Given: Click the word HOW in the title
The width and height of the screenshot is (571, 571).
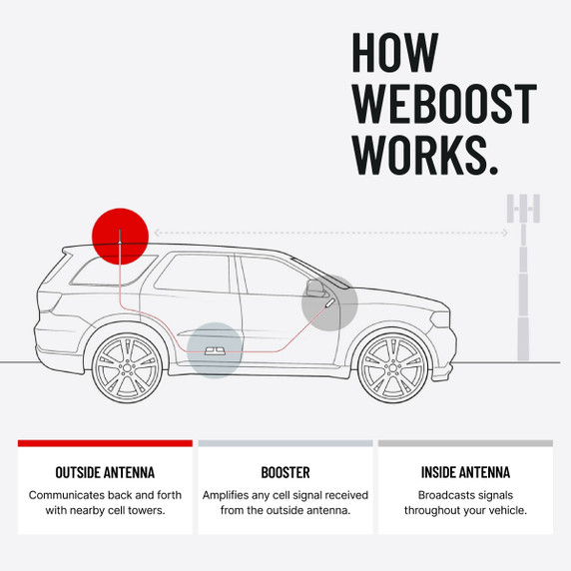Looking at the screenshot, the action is coord(395,53).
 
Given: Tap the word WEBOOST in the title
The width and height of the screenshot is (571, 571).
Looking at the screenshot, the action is coord(444,104).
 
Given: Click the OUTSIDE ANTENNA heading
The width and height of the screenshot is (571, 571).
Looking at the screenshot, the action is coord(105,472).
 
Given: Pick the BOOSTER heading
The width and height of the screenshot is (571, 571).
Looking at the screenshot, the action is coord(285,472).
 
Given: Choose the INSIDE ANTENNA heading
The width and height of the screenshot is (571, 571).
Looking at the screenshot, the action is coord(465,472).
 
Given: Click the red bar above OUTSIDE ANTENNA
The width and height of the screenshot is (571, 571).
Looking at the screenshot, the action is coord(105,443).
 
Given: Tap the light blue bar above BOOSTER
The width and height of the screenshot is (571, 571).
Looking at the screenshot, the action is coord(285,443).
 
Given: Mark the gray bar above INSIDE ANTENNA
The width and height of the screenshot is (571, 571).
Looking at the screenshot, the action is coord(465,443).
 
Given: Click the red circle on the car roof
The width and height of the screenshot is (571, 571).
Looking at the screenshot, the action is coord(120,237).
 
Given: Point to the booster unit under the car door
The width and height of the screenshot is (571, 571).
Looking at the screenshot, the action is coord(215,350).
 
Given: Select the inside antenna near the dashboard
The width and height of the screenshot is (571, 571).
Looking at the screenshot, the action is coord(330,302).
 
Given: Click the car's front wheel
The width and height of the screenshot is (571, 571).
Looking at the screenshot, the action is coord(392,367).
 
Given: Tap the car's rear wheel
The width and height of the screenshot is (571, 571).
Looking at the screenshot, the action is coord(127,367).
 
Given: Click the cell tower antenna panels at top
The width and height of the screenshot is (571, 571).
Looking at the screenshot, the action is coord(523,209).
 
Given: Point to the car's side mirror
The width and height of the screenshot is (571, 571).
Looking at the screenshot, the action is coord(315,287).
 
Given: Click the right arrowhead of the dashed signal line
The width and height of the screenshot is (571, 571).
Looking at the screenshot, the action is coord(505,233).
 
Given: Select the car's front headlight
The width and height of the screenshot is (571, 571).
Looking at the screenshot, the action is coord(439,319).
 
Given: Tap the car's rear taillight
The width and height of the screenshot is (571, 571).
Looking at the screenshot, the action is coord(50,300).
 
